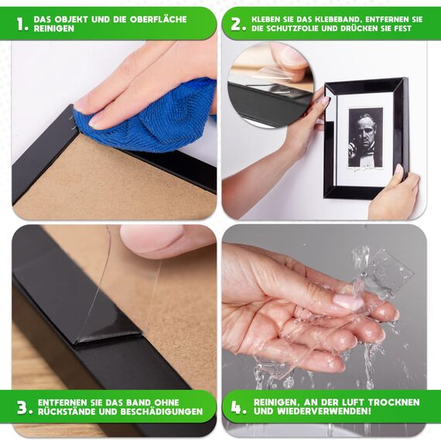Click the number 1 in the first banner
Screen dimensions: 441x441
[22, 24]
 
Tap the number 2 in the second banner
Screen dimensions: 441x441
[238, 24]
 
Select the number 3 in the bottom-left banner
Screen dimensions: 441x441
[25, 407]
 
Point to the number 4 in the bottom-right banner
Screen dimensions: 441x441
[238, 407]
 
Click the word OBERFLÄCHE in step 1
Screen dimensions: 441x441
[159, 19]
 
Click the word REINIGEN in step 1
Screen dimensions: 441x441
[54, 29]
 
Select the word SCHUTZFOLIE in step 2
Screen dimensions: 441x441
[291, 29]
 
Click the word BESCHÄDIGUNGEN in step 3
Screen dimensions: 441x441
[162, 412]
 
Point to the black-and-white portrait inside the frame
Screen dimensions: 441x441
[366, 137]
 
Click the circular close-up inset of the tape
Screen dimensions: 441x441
[271, 85]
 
